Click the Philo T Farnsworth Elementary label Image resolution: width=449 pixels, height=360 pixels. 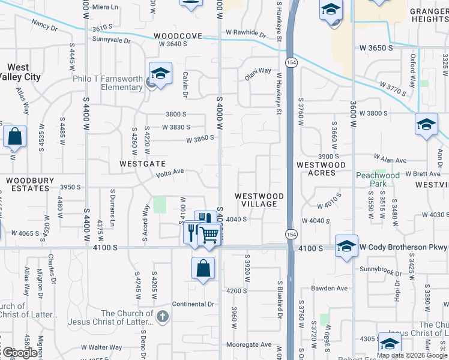(x=112, y=83)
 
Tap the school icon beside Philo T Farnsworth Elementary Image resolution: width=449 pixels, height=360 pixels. (x=160, y=74)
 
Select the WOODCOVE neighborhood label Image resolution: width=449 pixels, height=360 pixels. (x=178, y=36)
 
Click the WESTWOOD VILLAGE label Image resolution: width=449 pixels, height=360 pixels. (x=259, y=200)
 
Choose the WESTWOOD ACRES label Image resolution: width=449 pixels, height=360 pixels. (x=321, y=169)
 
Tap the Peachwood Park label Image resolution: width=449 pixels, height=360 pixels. (x=378, y=179)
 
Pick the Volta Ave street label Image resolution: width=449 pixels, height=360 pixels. (x=169, y=174)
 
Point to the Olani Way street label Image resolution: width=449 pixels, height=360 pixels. (x=258, y=74)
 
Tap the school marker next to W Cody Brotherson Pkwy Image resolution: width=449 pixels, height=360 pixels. (x=346, y=246)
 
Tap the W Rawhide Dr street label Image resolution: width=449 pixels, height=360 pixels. (x=246, y=33)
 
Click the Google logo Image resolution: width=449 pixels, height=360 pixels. (x=20, y=352)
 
